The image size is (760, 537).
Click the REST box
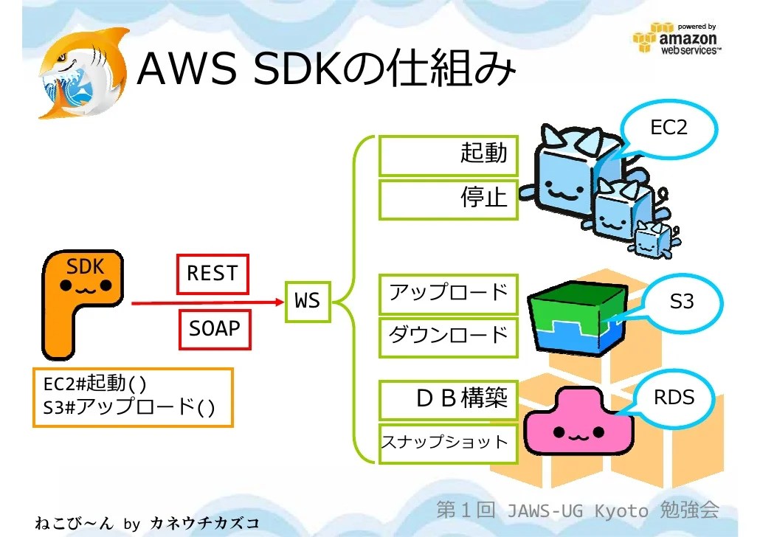(x=213, y=274)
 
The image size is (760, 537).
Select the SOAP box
(x=215, y=328)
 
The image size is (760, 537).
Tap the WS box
(x=308, y=301)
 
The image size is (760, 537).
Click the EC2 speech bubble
(x=668, y=128)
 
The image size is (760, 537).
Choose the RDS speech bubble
(x=673, y=398)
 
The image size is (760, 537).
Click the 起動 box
(x=448, y=154)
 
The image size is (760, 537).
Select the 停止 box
(x=448, y=198)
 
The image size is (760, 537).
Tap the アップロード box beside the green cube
(x=448, y=293)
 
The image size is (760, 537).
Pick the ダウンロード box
(x=448, y=336)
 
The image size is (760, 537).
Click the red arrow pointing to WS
(x=207, y=302)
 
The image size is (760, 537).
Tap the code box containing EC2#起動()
(x=133, y=397)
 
